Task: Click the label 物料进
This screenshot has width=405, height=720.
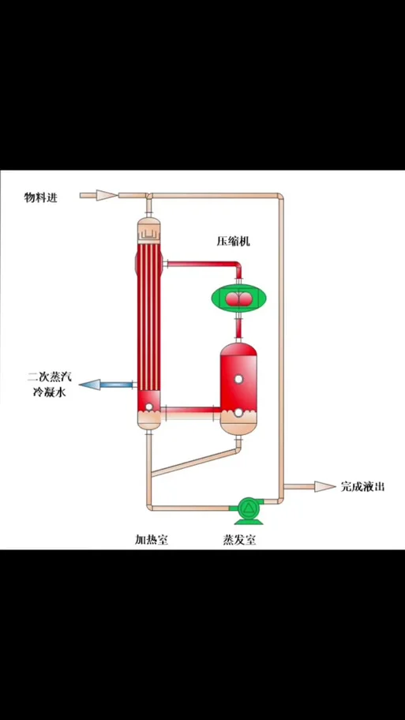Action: (41, 198)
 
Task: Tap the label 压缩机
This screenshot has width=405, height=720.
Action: (233, 241)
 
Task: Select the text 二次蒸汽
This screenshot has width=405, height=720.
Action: (50, 378)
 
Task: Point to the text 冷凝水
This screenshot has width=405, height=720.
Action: (49, 393)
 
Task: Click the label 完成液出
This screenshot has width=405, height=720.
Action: (362, 487)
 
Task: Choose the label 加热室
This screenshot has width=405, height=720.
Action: (152, 539)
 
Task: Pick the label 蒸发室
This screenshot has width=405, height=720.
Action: (239, 539)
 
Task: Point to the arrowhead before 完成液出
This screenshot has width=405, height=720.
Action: (325, 486)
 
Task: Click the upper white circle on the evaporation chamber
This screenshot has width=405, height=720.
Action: (238, 379)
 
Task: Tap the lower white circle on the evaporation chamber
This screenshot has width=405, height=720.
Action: (238, 413)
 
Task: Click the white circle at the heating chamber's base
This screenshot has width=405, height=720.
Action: (148, 407)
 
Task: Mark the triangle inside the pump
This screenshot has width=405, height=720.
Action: (249, 508)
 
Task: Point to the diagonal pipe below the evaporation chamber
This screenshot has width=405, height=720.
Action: (196, 463)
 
